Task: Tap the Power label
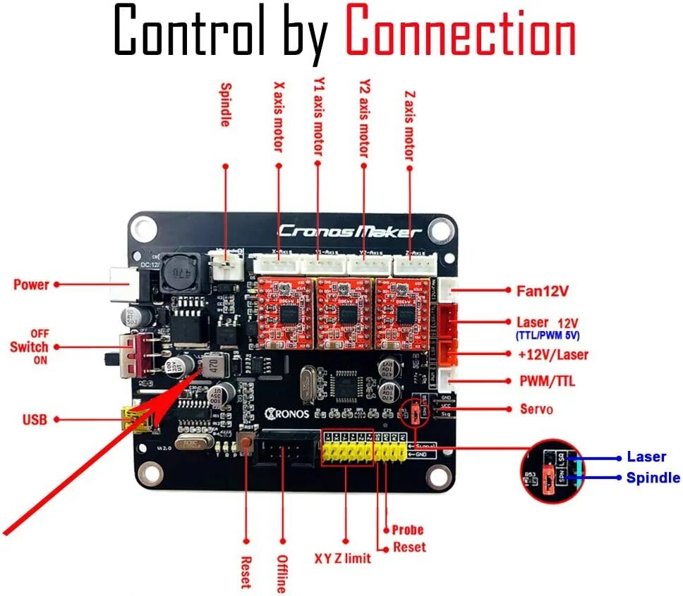(x=31, y=285)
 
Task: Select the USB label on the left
(x=35, y=420)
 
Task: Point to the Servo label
(x=536, y=409)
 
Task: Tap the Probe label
(x=408, y=530)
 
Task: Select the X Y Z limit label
(x=343, y=559)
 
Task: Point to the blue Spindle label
(x=653, y=478)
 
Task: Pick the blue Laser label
(x=646, y=457)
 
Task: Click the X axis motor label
(x=278, y=117)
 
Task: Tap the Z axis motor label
(x=409, y=124)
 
